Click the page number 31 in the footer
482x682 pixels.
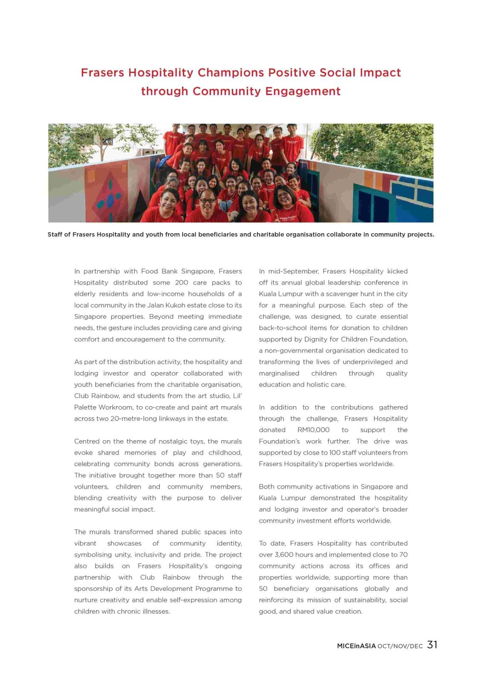432,645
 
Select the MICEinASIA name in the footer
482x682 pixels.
356,646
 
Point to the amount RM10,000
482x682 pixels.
313,430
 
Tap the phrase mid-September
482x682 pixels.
293,271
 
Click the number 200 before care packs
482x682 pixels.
182,283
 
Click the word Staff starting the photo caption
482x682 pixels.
55,234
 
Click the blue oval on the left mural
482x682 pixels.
110,200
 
